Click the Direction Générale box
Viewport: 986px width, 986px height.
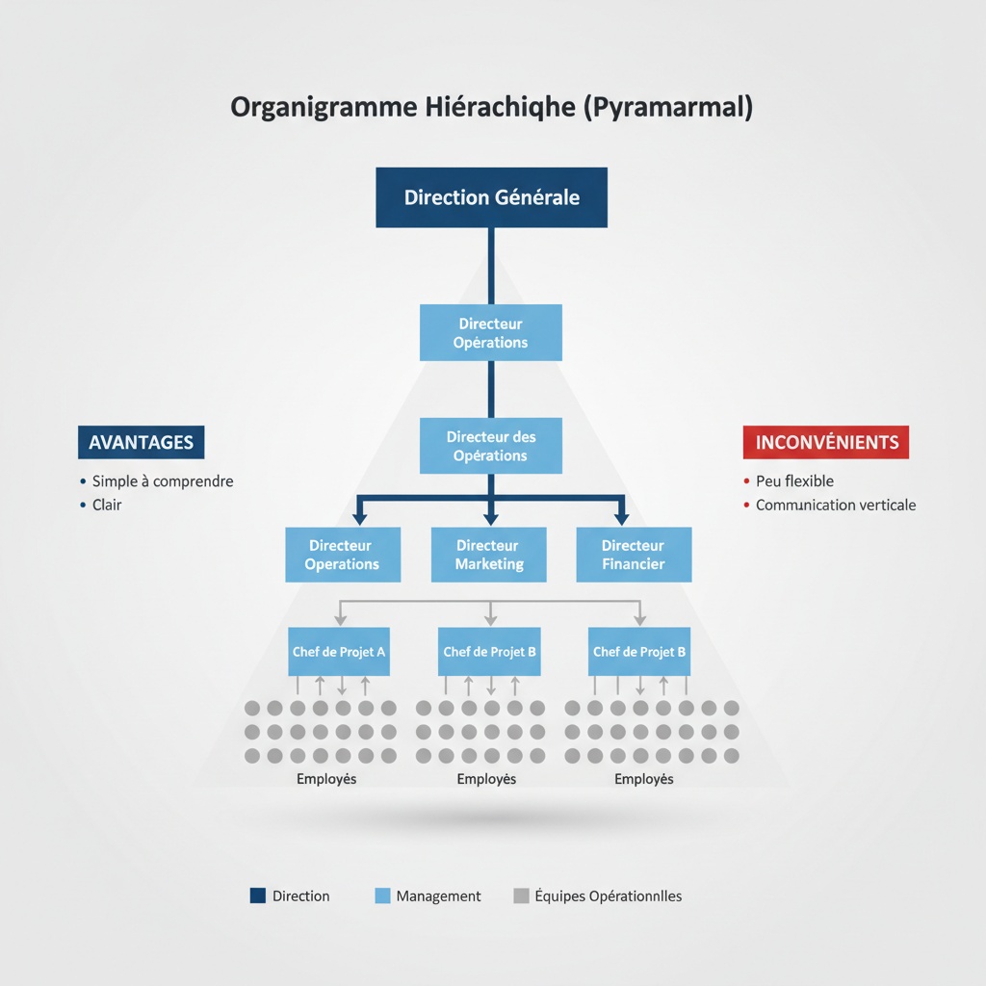coord(491,197)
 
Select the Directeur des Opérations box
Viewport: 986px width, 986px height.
coord(491,446)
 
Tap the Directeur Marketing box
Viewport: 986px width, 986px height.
coord(489,555)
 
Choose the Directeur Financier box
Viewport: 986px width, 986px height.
coord(634,555)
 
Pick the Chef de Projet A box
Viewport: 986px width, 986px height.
coord(339,652)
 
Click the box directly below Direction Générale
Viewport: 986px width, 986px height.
coord(491,333)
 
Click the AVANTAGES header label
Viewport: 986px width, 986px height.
coord(141,443)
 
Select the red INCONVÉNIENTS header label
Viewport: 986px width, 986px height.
coord(826,443)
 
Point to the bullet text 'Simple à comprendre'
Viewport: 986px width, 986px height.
coord(163,481)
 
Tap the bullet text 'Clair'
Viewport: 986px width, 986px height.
coord(107,505)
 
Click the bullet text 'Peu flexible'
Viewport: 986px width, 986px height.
coord(794,481)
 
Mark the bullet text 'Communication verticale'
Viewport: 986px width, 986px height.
coord(836,505)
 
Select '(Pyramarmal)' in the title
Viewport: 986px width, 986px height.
coord(668,107)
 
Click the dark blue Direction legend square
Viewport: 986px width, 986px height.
coord(257,895)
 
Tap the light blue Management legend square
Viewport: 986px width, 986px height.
coord(382,895)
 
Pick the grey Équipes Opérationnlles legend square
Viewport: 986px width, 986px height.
coord(521,895)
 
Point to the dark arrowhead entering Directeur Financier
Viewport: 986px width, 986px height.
coord(621,517)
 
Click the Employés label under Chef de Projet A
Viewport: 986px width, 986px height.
coord(326,779)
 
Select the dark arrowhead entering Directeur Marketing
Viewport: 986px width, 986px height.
coord(491,517)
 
